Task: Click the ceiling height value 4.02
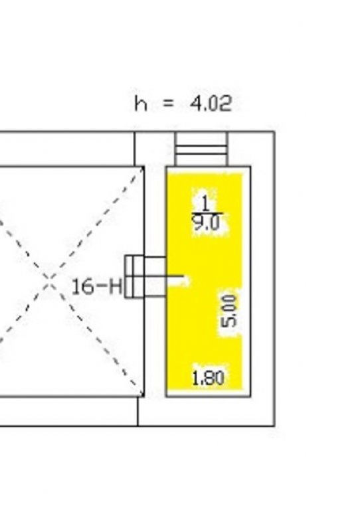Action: click(x=211, y=104)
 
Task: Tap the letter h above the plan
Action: click(x=141, y=104)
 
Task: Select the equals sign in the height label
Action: click(x=169, y=104)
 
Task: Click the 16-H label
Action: click(x=96, y=287)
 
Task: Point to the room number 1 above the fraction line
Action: click(x=205, y=204)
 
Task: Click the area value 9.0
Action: click(x=206, y=223)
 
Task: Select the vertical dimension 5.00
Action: click(x=229, y=311)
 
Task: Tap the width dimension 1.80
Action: click(x=209, y=379)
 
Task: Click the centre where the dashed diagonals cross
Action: click(x=48, y=278)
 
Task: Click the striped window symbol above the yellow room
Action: click(x=201, y=149)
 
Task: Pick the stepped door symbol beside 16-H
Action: click(x=145, y=277)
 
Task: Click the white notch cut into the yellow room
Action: click(x=178, y=280)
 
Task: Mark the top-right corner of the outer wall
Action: click(x=275, y=131)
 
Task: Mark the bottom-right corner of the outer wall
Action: click(x=275, y=426)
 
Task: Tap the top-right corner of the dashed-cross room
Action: click(x=144, y=167)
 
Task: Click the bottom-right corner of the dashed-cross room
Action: click(x=144, y=396)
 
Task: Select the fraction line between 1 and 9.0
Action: click(x=207, y=213)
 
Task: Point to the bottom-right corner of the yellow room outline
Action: click(x=250, y=396)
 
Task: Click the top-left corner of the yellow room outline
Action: click(x=167, y=167)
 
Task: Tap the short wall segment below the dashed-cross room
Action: click(x=138, y=411)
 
